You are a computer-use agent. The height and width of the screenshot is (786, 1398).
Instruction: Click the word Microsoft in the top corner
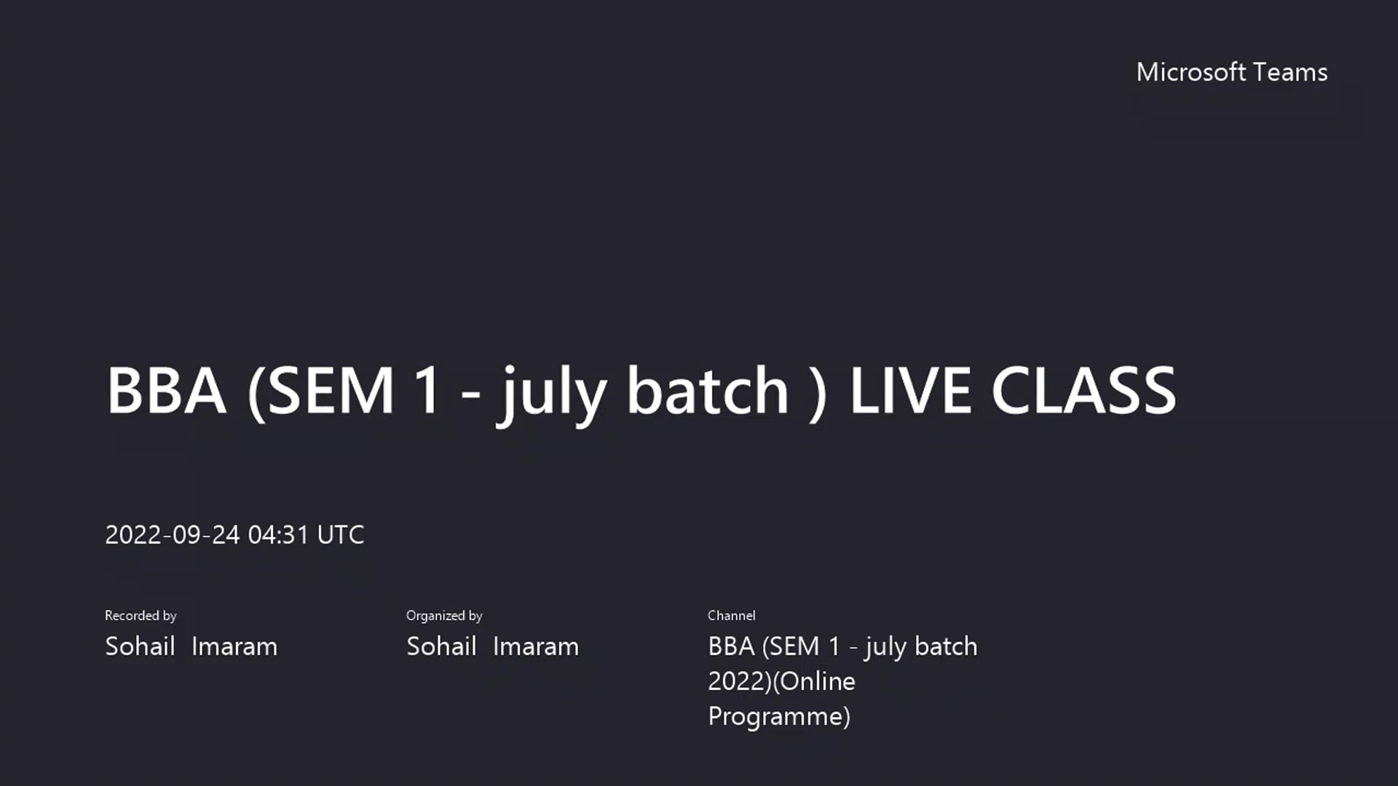tap(1190, 72)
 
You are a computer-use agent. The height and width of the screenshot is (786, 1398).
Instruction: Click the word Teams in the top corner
tap(1290, 72)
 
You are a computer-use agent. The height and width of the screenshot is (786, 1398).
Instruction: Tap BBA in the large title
tap(166, 391)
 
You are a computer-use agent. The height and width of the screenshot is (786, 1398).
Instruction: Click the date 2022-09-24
tap(172, 535)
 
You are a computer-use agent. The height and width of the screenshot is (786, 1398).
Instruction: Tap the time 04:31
tap(278, 535)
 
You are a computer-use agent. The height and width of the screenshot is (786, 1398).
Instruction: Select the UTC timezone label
tap(340, 535)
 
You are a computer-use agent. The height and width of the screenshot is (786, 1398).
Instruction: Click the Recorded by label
tap(141, 616)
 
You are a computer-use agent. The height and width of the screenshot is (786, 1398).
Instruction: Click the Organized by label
tap(444, 616)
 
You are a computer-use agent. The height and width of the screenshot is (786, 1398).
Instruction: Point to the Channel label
tap(731, 616)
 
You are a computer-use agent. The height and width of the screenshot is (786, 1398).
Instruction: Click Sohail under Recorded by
tap(140, 646)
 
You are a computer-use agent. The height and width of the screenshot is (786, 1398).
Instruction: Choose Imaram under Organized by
tap(536, 646)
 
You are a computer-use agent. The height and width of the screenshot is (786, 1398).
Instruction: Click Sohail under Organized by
tap(441, 646)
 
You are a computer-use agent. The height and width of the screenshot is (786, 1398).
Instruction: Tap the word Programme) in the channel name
tap(779, 717)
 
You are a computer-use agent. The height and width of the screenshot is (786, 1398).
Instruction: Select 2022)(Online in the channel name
tap(781, 682)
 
